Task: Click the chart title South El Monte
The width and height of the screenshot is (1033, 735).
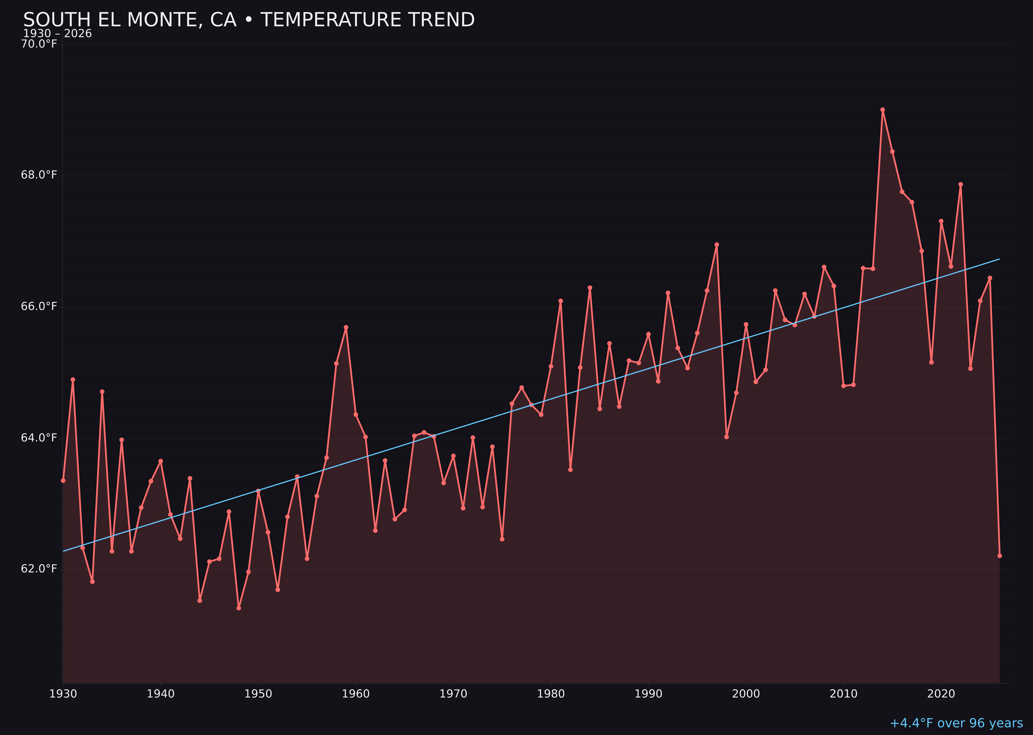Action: coord(249,20)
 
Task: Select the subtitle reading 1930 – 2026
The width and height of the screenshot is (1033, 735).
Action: coord(57,34)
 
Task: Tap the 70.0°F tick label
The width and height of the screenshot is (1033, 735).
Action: coord(39,44)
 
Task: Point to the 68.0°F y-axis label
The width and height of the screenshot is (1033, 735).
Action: coord(39,175)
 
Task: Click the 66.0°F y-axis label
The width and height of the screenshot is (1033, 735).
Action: coord(39,307)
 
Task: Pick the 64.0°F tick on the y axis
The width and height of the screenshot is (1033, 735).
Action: coord(39,438)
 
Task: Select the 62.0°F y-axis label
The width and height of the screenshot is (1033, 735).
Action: coord(39,569)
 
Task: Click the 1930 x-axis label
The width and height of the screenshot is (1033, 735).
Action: coord(63,694)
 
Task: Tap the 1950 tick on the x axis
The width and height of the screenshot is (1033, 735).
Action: coord(258,694)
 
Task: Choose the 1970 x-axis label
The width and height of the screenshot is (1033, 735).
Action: coord(453,694)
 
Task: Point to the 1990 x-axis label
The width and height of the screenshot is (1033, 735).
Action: coord(648,694)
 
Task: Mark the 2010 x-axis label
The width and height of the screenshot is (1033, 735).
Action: coord(843,694)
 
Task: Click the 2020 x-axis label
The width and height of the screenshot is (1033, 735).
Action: coord(941,694)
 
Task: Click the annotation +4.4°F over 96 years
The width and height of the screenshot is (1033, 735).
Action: coord(956,723)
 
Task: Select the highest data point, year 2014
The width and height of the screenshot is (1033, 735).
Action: coord(882,110)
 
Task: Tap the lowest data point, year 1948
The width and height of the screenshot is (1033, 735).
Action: coord(239,608)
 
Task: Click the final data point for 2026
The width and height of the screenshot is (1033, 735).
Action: coord(999,556)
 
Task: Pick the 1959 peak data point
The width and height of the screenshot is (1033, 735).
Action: coord(346,327)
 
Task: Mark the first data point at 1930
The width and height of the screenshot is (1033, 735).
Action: coord(63,481)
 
